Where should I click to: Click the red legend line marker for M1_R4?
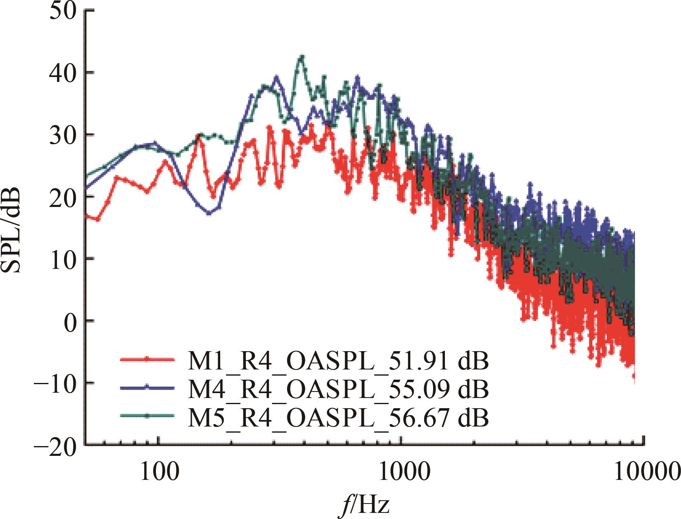[x=148, y=359]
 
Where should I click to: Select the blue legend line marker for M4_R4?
[x=148, y=387]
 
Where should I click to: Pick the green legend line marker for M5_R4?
[x=148, y=416]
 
